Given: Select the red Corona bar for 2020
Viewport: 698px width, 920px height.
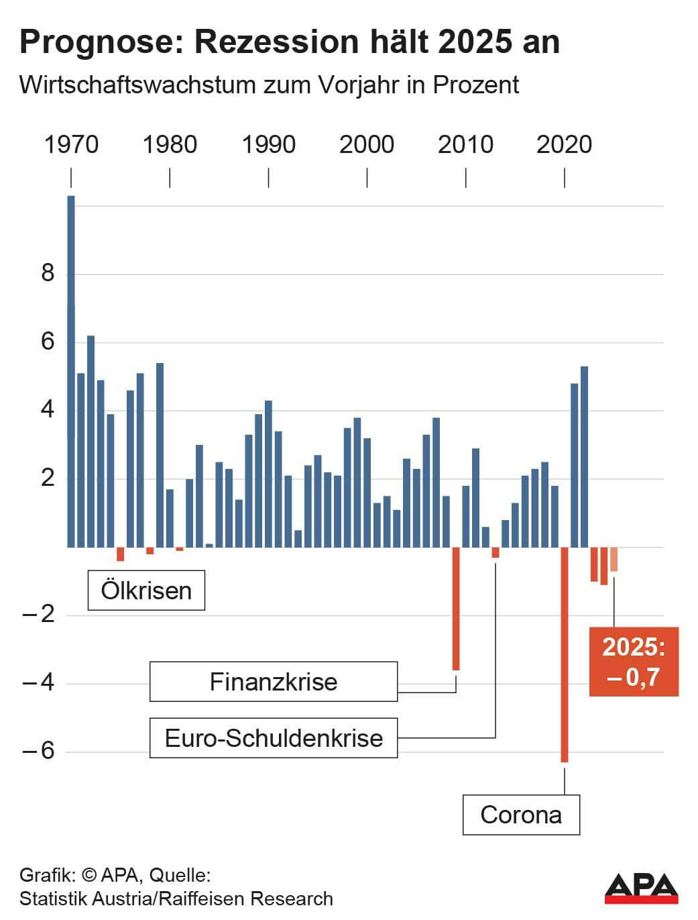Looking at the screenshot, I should coord(565,654).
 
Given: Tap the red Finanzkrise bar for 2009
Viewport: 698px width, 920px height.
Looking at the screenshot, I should coord(456,608).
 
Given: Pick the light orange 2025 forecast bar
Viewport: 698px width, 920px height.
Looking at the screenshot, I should coord(614,559).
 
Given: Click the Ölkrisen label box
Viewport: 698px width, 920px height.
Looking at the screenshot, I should coord(146,591).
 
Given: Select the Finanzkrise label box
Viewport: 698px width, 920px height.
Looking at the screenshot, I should coord(274,682).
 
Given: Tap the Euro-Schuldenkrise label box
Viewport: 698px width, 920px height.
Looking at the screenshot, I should coord(274,738).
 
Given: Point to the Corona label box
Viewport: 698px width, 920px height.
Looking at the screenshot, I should coord(521,815).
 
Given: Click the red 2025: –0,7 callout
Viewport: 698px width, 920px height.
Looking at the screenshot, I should coord(634,662).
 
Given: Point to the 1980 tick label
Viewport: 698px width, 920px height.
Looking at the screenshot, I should coord(170,144).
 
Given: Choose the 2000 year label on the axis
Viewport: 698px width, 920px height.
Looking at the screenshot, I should coord(367,144).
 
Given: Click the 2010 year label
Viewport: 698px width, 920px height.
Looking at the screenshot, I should coord(465,144).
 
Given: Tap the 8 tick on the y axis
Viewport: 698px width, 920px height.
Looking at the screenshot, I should coord(47,274).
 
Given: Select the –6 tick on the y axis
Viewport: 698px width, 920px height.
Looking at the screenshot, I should coord(38,750).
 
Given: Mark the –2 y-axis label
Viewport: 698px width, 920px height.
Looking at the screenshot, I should coord(38,614).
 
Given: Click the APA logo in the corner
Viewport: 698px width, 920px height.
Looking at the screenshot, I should coord(641,888).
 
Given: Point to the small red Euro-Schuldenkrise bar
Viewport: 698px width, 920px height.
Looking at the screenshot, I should coord(496,552).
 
